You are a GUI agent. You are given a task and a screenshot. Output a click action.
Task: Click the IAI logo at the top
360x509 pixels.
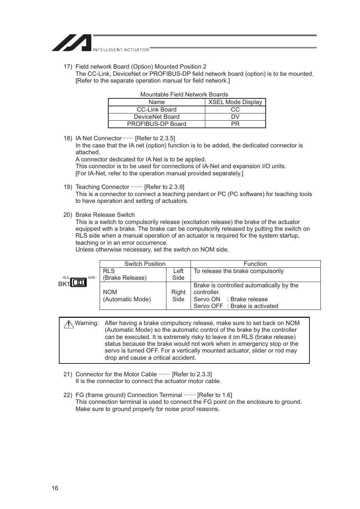(72, 43)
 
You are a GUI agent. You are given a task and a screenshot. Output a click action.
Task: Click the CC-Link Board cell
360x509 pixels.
(156, 110)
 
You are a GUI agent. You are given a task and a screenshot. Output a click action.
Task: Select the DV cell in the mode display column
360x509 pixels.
(235, 117)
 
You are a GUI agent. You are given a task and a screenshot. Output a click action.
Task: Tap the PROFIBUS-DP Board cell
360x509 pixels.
(156, 124)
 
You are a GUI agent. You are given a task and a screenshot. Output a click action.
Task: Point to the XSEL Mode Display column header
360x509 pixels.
(235, 102)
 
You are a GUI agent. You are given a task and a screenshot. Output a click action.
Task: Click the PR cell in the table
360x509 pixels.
(235, 124)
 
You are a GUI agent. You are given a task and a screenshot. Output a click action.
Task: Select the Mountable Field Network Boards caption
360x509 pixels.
(184, 95)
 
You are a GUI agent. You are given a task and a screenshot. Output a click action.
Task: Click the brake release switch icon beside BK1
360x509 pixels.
(78, 283)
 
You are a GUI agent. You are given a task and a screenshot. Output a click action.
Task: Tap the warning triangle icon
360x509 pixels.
(69, 324)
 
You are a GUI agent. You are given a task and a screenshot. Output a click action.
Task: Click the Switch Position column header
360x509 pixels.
(145, 264)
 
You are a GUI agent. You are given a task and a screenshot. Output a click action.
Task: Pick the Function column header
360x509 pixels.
(255, 264)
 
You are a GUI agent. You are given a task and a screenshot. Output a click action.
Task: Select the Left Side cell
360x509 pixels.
(178, 274)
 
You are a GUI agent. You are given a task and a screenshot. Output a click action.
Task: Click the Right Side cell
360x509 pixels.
(178, 296)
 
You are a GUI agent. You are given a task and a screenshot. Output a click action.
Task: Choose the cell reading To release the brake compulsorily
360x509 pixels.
(238, 271)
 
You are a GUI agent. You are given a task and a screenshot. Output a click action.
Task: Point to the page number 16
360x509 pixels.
(55, 488)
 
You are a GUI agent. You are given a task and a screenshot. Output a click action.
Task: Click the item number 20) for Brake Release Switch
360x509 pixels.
(68, 215)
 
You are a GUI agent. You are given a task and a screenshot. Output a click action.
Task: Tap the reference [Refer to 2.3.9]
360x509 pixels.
(164, 187)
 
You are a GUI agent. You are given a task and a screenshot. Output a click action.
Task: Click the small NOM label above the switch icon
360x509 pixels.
(91, 277)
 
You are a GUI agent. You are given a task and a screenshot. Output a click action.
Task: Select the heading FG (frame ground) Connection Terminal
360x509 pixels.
(129, 395)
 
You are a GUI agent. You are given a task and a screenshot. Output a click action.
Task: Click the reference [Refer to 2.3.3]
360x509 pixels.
(192, 374)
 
